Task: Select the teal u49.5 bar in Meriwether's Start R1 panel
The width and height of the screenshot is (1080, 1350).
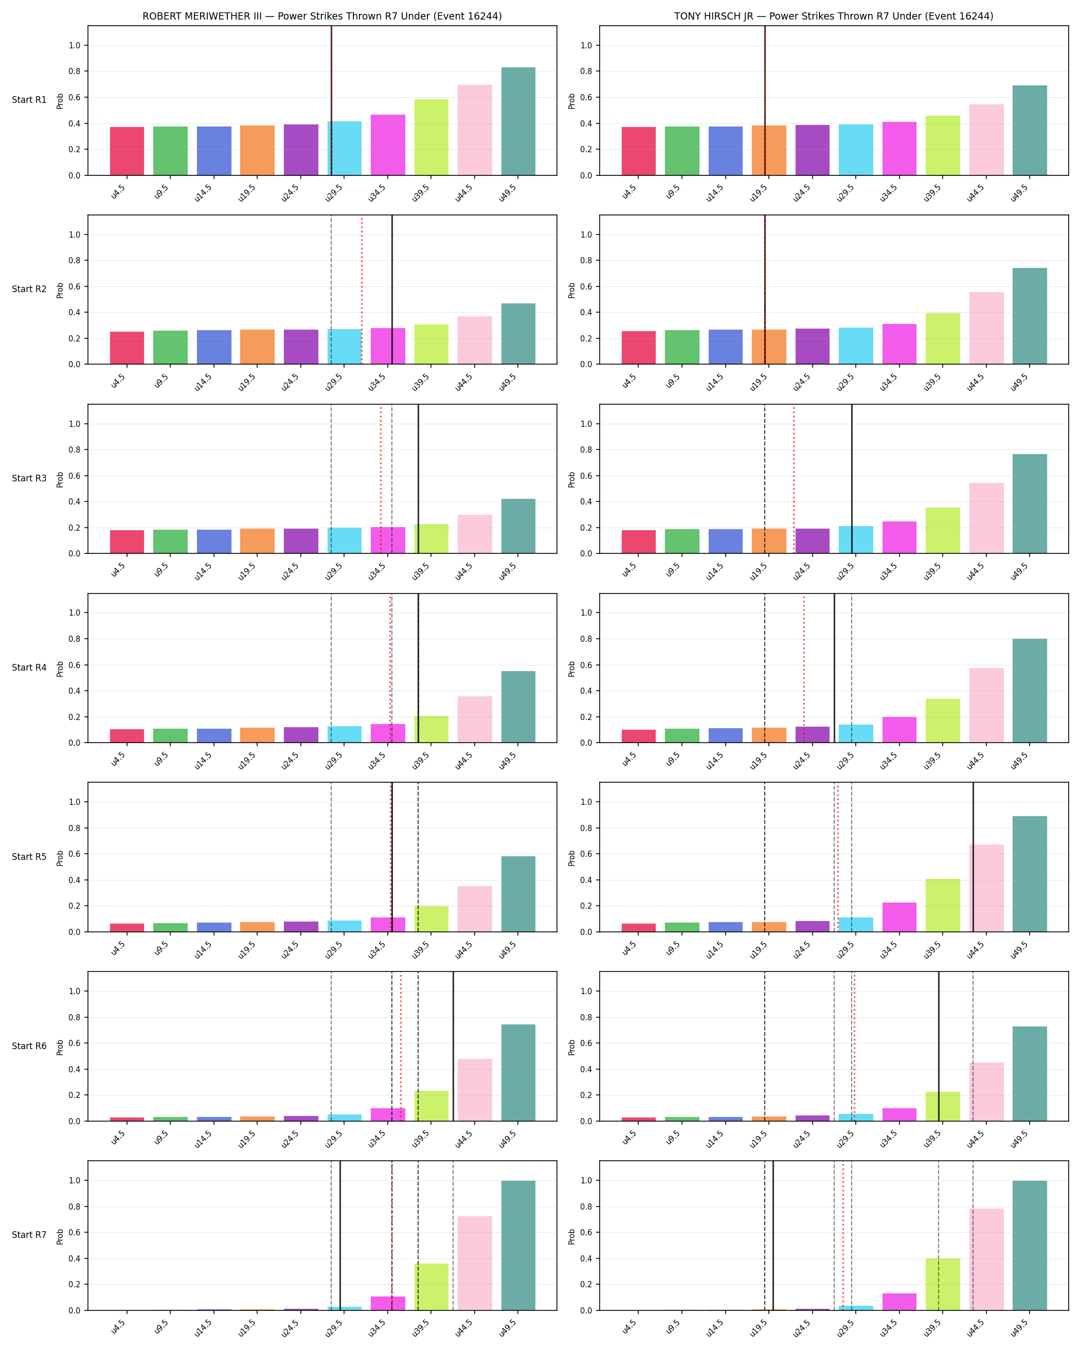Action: coord(518,121)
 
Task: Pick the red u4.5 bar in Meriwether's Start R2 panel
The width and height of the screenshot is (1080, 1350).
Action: coord(127,348)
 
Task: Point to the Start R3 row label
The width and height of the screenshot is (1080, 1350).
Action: coord(29,478)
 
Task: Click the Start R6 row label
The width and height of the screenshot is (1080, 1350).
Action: coord(29,1046)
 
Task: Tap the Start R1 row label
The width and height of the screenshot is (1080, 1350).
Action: coord(29,100)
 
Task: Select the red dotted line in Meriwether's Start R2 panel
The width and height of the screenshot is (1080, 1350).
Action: coord(361,290)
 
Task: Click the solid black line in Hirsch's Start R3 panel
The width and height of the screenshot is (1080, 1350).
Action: coord(852,479)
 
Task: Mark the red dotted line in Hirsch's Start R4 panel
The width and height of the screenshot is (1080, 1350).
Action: coord(804,668)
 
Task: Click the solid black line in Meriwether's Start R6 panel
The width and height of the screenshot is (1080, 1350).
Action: coord(453,1046)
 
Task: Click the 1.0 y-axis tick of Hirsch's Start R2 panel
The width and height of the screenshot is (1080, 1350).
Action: coord(586,235)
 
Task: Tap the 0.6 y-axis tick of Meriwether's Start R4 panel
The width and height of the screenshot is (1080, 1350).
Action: coord(75,665)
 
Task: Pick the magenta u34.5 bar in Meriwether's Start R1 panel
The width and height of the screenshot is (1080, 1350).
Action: coord(388,145)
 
